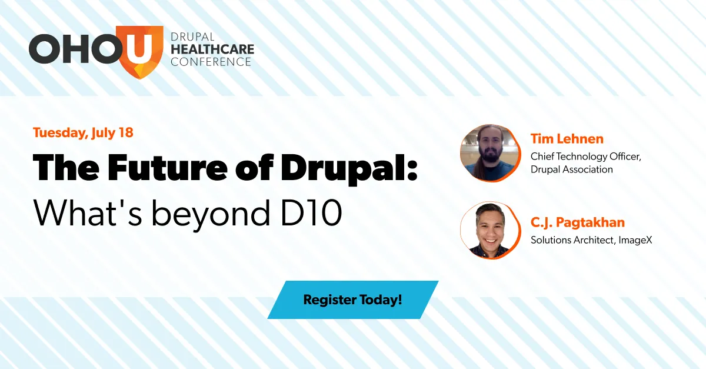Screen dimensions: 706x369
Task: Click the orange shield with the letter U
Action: coord(139,51)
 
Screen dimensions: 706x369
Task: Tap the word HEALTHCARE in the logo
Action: coord(212,49)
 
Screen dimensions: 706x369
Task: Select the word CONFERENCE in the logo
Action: coord(211,62)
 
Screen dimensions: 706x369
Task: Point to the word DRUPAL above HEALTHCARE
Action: coord(192,37)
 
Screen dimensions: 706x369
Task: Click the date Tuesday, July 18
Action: coord(83,132)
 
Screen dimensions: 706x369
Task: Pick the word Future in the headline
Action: coord(167,168)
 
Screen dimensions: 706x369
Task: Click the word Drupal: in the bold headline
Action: coord(349,169)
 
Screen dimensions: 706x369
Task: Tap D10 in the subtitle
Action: coord(311,212)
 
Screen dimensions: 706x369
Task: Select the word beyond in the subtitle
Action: coord(211,214)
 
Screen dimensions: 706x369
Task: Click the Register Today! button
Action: coord(352,300)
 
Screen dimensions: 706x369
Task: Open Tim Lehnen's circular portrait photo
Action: coord(490,153)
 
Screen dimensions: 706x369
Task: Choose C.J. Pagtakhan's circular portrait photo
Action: coord(490,230)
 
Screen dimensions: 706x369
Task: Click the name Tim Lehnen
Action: coord(567,139)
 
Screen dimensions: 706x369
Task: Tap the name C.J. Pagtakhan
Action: coord(578,222)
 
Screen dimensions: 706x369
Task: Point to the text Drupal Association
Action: coord(572,169)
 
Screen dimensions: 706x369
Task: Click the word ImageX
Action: coord(635,240)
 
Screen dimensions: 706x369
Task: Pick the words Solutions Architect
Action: coord(572,240)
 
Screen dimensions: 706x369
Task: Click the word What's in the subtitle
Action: coord(87,212)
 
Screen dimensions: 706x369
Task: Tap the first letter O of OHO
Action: coord(44,49)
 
